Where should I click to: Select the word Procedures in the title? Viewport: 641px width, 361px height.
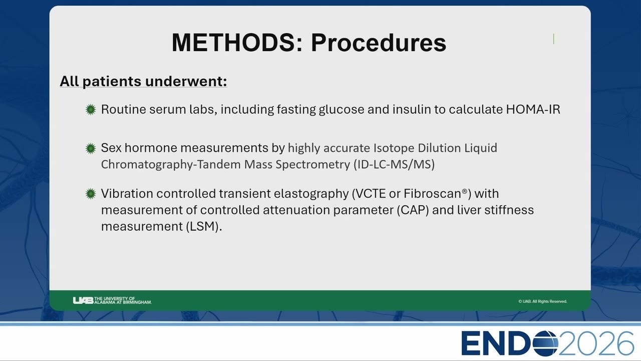[379, 43]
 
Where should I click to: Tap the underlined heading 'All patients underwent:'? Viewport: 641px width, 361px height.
[143, 81]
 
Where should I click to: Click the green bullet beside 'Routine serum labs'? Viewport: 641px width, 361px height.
[91, 109]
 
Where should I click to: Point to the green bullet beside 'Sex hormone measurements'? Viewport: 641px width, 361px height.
[91, 148]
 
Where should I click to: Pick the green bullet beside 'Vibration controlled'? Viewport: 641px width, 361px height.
[91, 194]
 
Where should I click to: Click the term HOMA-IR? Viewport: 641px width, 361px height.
[533, 109]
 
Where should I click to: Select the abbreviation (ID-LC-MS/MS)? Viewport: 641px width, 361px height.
[394, 164]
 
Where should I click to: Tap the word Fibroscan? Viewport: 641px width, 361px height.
[432, 194]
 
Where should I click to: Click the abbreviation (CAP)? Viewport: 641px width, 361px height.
[413, 210]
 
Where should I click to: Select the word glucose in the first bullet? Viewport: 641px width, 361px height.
[342, 110]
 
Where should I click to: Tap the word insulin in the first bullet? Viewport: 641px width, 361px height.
[412, 109]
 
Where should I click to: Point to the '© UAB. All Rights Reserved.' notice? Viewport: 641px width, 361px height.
[542, 301]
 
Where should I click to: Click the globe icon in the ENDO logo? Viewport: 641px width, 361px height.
[545, 343]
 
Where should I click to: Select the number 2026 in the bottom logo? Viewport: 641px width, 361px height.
[596, 343]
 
